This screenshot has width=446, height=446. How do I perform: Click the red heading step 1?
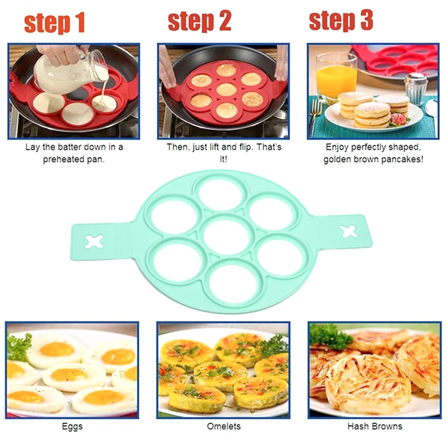click(55, 23)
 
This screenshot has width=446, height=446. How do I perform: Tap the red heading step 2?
click(200, 21)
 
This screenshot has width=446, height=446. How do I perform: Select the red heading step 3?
click(341, 20)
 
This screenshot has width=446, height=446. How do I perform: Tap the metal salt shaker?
click(416, 89)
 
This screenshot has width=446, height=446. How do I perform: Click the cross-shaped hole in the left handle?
click(94, 241)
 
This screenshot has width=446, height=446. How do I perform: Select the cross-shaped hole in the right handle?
click(348, 231)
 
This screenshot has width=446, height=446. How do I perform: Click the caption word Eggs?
click(72, 426)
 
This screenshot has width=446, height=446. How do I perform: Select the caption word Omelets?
click(224, 426)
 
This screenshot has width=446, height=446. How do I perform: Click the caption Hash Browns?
click(375, 426)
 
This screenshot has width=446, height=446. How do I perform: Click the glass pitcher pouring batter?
click(71, 74)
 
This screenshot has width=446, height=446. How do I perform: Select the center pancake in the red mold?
click(226, 90)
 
